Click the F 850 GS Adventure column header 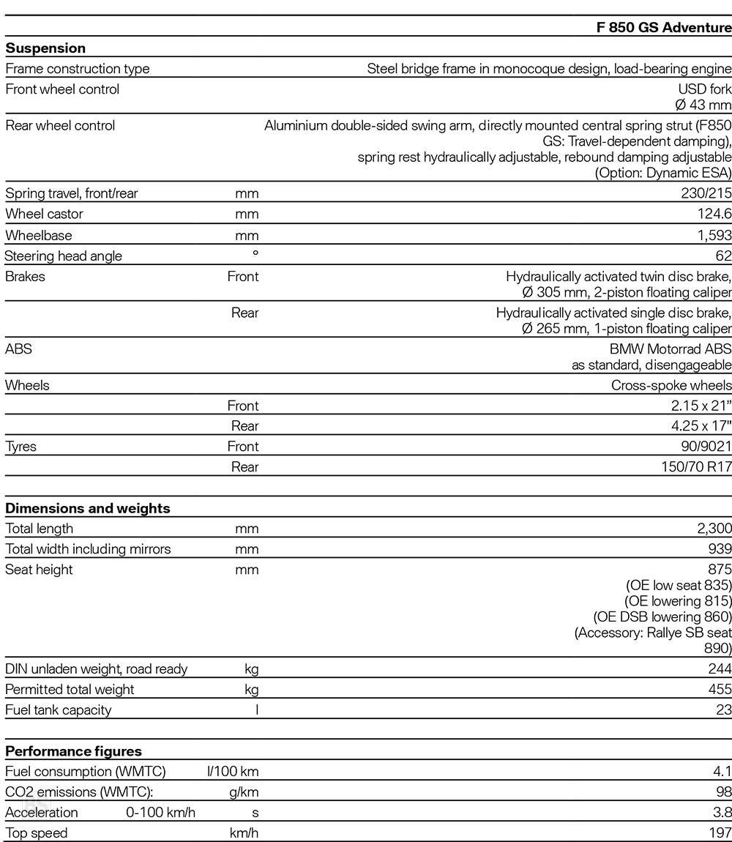[x=664, y=29]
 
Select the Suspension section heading [x=45, y=48]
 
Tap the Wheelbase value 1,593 [x=713, y=236]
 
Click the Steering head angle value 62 [x=723, y=256]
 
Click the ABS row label [x=19, y=349]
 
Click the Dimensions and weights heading [x=88, y=508]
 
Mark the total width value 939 [x=720, y=549]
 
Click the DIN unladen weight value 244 [x=720, y=669]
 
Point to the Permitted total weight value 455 [x=720, y=690]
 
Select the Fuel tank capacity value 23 [x=723, y=710]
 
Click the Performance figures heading [x=74, y=751]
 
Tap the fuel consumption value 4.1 [x=722, y=772]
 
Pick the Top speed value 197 [x=720, y=833]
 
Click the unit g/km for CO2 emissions [x=244, y=792]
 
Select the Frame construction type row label [x=78, y=69]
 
